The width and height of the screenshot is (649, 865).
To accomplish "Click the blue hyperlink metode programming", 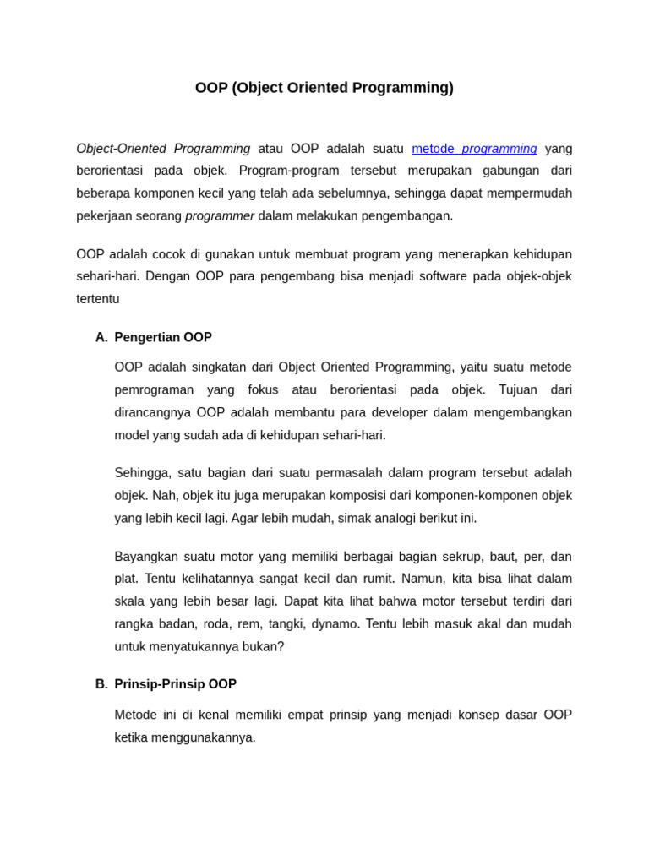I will pos(474,149).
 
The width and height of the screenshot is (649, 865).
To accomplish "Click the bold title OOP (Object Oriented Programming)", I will pos(324,88).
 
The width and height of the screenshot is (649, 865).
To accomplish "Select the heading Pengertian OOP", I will pos(163,337).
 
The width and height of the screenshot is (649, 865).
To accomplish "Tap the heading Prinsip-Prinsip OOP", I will pos(175,684).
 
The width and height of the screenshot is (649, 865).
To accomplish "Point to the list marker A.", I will pos(101,337).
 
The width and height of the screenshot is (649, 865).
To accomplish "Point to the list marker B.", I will pos(101,684).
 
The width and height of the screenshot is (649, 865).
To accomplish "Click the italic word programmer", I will pos(220,215).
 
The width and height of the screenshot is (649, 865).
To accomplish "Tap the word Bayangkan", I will pos(145,557).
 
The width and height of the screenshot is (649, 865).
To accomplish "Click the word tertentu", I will pos(98,299).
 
